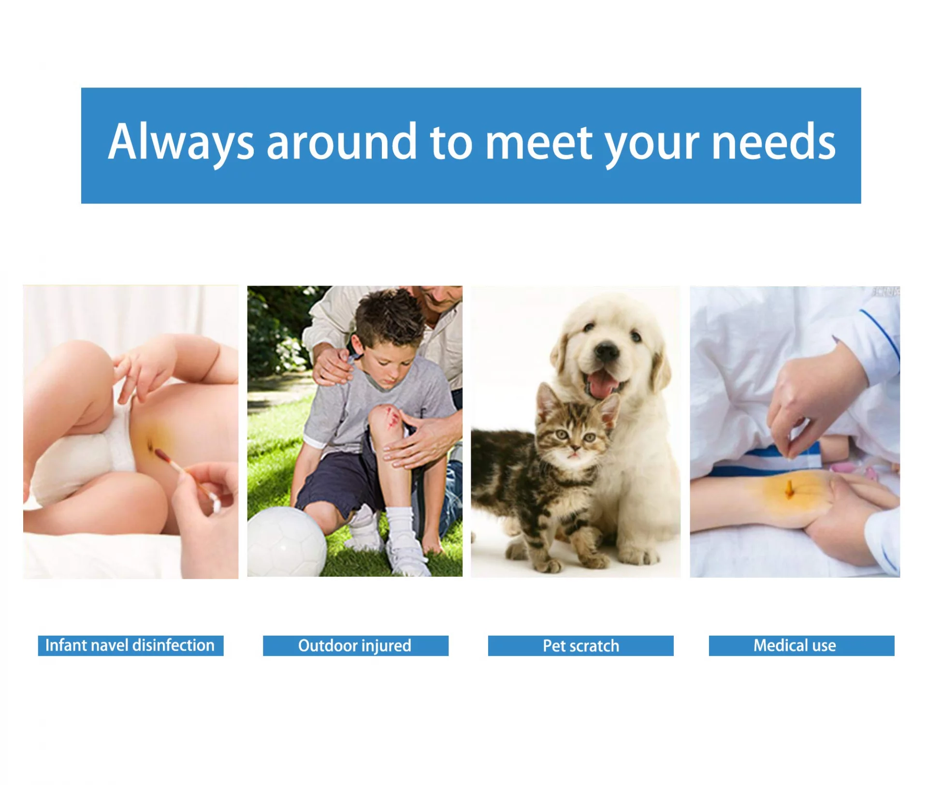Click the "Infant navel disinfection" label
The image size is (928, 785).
click(130, 646)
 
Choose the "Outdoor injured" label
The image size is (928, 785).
click(355, 646)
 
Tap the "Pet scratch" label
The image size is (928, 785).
click(580, 646)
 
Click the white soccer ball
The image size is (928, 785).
click(287, 542)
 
